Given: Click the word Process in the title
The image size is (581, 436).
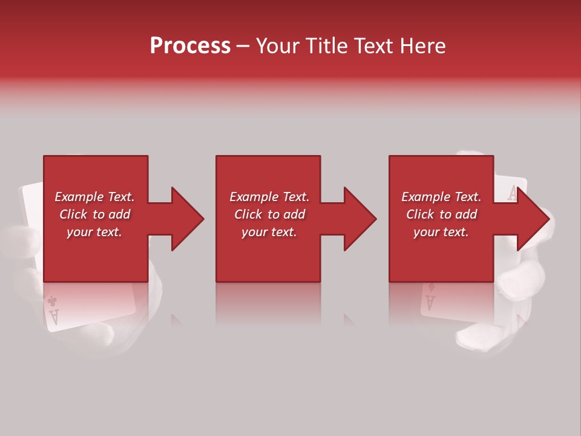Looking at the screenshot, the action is [190, 46].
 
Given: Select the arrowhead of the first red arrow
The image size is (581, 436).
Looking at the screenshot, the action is [185, 219].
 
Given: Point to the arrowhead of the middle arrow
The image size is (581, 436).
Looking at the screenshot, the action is [358, 219].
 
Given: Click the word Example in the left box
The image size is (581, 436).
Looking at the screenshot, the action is [77, 197].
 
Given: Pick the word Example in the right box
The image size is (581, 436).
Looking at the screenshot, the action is [424, 197].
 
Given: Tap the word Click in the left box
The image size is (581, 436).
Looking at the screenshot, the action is [74, 214].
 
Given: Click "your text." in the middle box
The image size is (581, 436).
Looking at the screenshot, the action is [269, 232].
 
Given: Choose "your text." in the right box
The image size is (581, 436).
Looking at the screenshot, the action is [441, 232].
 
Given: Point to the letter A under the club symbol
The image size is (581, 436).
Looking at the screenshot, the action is [53, 315].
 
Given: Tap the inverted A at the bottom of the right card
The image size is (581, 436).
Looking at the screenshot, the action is [430, 301].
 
